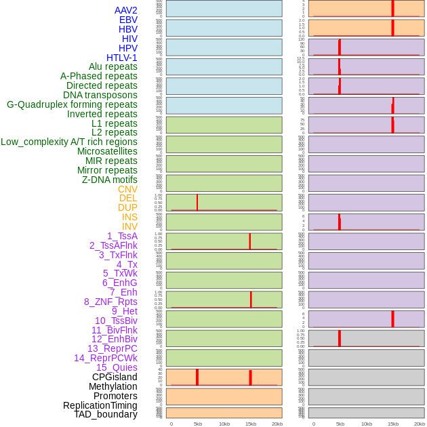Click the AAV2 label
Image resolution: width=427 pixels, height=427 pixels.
125,10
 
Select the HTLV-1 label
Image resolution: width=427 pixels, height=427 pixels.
121,58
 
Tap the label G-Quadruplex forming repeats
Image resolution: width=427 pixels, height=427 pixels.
72,104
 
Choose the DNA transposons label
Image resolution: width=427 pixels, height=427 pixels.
100,95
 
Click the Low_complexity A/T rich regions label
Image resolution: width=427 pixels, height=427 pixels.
69,142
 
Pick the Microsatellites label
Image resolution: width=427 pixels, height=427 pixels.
107,151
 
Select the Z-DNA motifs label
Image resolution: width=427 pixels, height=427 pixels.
110,180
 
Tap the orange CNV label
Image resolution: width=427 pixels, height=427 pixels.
127,189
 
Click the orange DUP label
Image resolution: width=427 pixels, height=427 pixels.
127,207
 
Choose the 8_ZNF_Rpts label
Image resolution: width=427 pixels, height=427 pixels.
110,302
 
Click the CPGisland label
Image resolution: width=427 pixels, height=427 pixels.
115,377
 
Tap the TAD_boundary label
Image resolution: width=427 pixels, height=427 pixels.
106,414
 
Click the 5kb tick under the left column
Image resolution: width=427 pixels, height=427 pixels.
198,424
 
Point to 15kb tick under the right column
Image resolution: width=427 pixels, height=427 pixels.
393,424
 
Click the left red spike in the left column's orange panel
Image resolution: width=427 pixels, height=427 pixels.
197,377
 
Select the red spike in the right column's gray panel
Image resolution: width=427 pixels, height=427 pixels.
340,338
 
